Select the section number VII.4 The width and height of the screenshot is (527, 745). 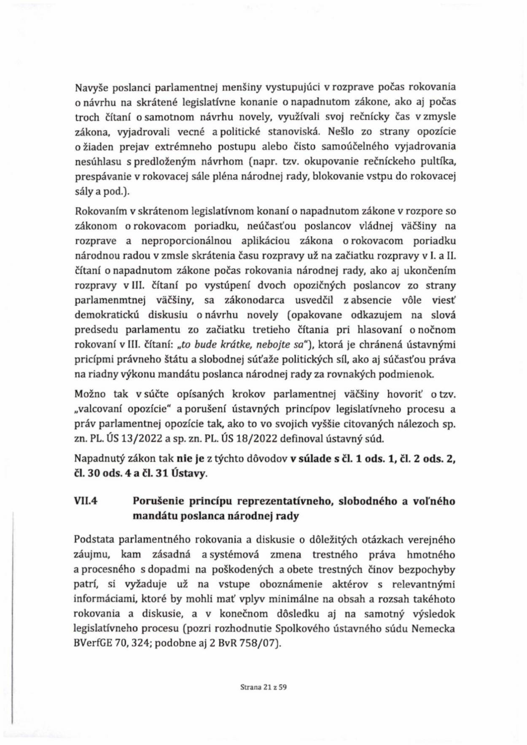pos(86,501)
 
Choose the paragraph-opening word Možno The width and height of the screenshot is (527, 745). pos(87,394)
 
